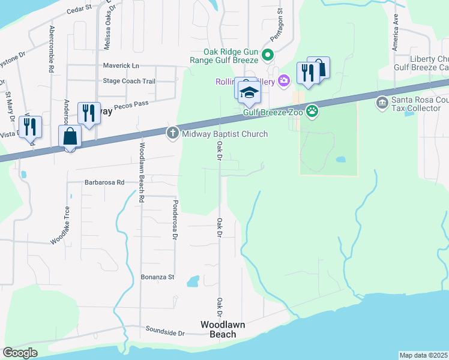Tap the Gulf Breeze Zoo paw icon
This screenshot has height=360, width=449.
tap(312, 110)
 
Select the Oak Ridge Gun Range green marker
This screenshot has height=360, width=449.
tap(268, 56)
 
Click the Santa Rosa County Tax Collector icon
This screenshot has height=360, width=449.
tap(382, 104)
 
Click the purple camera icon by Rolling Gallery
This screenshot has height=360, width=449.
tap(284, 81)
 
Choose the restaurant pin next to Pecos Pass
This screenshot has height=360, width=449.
tap(89, 112)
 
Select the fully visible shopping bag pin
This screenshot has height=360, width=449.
tap(70, 136)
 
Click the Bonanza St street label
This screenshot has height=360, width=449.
tap(157, 277)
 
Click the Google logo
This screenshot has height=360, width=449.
tap(20, 353)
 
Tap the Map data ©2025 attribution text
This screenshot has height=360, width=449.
tap(424, 355)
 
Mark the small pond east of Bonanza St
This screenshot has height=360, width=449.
tap(193, 281)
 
